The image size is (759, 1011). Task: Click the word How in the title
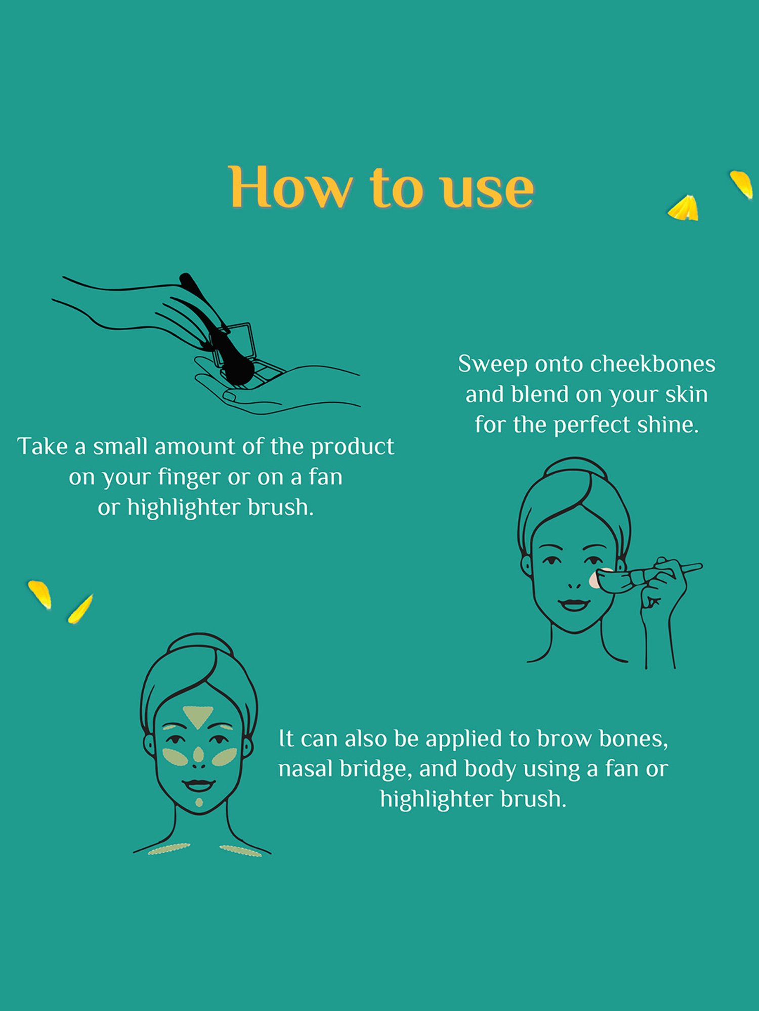290,187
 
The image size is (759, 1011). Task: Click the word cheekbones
653,364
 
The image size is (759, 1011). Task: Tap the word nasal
306,769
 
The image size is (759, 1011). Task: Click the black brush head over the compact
236,370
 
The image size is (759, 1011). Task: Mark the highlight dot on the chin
199,802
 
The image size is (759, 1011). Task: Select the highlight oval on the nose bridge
198,755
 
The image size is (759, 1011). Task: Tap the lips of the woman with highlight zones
199,785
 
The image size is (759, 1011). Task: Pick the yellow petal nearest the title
684,208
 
